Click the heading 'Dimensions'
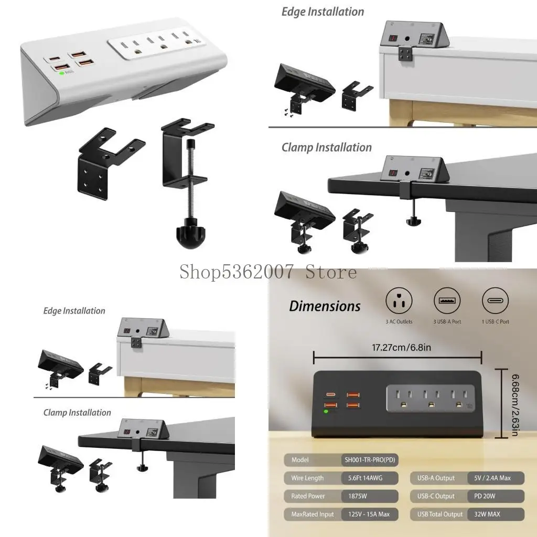[x=325, y=306]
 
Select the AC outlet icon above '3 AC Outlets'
[x=399, y=301]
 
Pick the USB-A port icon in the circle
[x=447, y=301]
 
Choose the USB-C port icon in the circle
[x=495, y=301]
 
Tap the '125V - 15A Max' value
[x=369, y=514]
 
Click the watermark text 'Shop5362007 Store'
[x=268, y=272]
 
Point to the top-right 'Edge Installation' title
[x=323, y=12]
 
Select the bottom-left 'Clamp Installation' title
[x=77, y=413]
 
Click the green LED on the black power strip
[x=326, y=412]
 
